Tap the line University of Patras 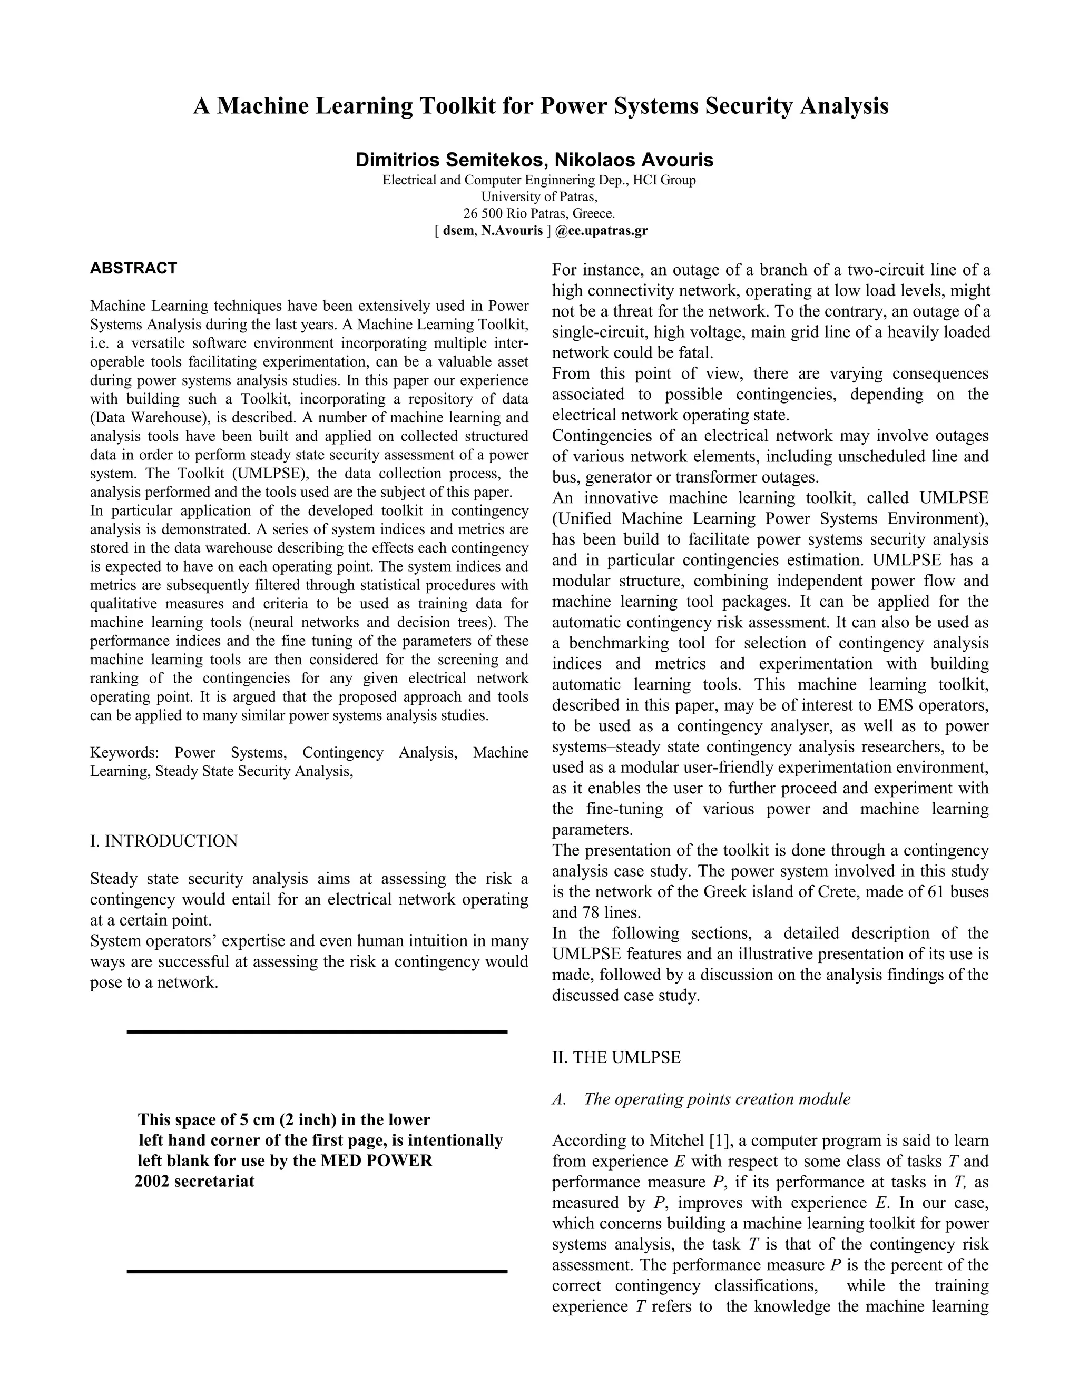(x=539, y=197)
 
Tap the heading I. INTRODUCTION (x=164, y=841)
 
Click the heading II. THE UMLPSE (x=616, y=1057)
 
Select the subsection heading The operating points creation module (x=717, y=1099)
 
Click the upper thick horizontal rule (x=317, y=1031)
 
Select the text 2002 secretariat (x=194, y=1181)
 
